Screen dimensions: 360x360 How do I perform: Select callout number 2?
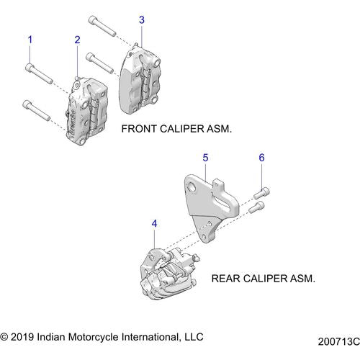(x=77, y=40)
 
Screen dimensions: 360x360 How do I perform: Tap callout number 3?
(x=142, y=19)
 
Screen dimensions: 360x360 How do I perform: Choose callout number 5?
(x=205, y=156)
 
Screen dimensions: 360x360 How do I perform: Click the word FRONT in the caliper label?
(x=141, y=130)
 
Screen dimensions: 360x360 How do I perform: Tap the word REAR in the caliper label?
(x=226, y=277)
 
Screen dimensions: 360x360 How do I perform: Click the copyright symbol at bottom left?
(x=6, y=336)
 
